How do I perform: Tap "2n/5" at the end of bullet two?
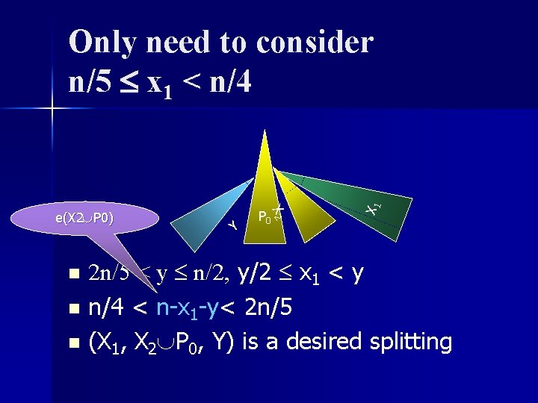(270, 307)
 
